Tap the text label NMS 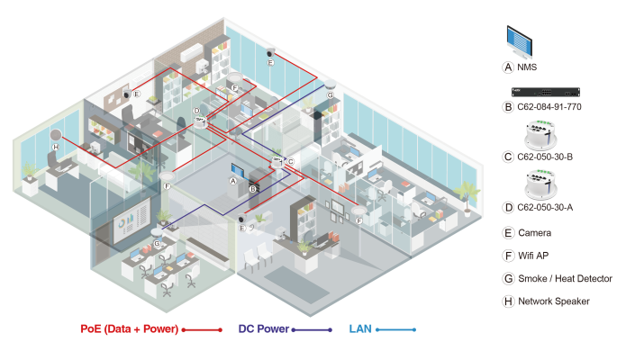pos(527,67)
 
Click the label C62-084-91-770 pos(550,106)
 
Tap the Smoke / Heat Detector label pos(564,279)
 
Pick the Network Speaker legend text pos(553,301)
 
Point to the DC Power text pos(264,329)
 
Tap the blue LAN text pos(360,329)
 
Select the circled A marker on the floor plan pos(233,180)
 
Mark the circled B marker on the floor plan pos(253,189)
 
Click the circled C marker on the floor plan pos(290,162)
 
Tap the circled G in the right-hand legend pos(508,279)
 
